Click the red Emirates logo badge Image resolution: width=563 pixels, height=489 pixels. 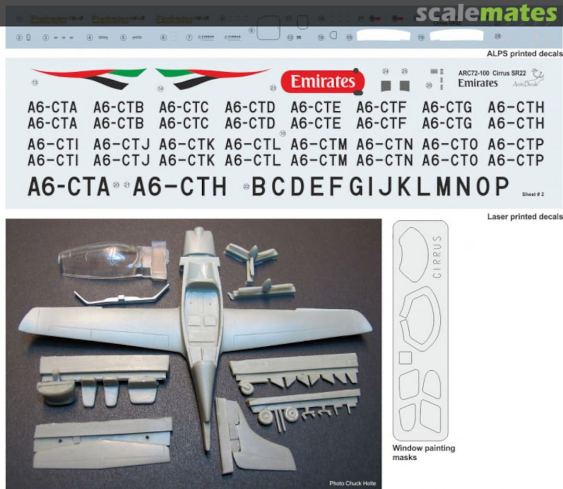322,82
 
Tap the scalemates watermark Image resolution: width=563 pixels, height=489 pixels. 486,14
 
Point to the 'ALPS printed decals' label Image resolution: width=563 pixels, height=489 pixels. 524,54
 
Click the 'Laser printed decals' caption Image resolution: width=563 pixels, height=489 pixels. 524,217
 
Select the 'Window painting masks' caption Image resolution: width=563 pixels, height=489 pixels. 423,453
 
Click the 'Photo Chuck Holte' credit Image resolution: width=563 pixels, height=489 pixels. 352,483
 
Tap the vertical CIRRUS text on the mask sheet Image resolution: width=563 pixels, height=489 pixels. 437,257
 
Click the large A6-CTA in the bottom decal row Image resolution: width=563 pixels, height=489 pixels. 68,186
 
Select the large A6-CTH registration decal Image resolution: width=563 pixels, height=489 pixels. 180,186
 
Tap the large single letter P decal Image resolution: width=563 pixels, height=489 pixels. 501,186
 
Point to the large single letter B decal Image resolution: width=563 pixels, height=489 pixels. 259,187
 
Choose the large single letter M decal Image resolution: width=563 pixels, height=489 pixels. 444,186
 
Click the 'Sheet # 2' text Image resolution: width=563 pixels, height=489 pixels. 533,194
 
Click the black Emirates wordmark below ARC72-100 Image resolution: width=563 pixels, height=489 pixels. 478,83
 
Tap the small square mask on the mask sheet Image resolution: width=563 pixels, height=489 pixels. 405,358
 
